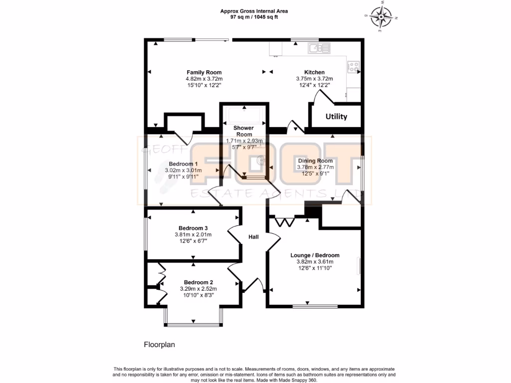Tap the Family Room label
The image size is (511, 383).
point(204,72)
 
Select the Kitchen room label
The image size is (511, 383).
point(314,72)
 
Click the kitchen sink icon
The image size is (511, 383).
point(318,48)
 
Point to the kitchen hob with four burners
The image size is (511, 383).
point(354,67)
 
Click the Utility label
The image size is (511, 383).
point(336,117)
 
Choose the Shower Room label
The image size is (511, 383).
point(244,131)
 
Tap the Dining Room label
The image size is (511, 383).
point(315,161)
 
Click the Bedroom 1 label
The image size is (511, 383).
point(183,164)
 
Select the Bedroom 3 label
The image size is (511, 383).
point(193,228)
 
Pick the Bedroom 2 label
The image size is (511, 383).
point(198,282)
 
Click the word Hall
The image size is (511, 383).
point(254,237)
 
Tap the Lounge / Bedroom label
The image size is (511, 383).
point(315,255)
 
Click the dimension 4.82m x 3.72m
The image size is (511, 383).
point(204,79)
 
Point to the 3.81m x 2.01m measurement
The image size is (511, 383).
point(193,235)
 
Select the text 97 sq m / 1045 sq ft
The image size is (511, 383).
point(254,17)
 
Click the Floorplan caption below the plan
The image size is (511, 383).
point(160,345)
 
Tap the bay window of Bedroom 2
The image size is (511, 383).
point(193,325)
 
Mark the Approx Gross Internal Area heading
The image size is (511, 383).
point(254,11)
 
